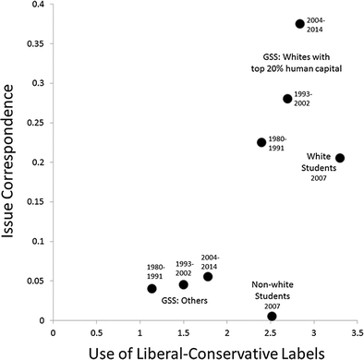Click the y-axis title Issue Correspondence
[13, 162]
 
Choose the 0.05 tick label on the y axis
[34, 281]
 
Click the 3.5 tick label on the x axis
[356, 330]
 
